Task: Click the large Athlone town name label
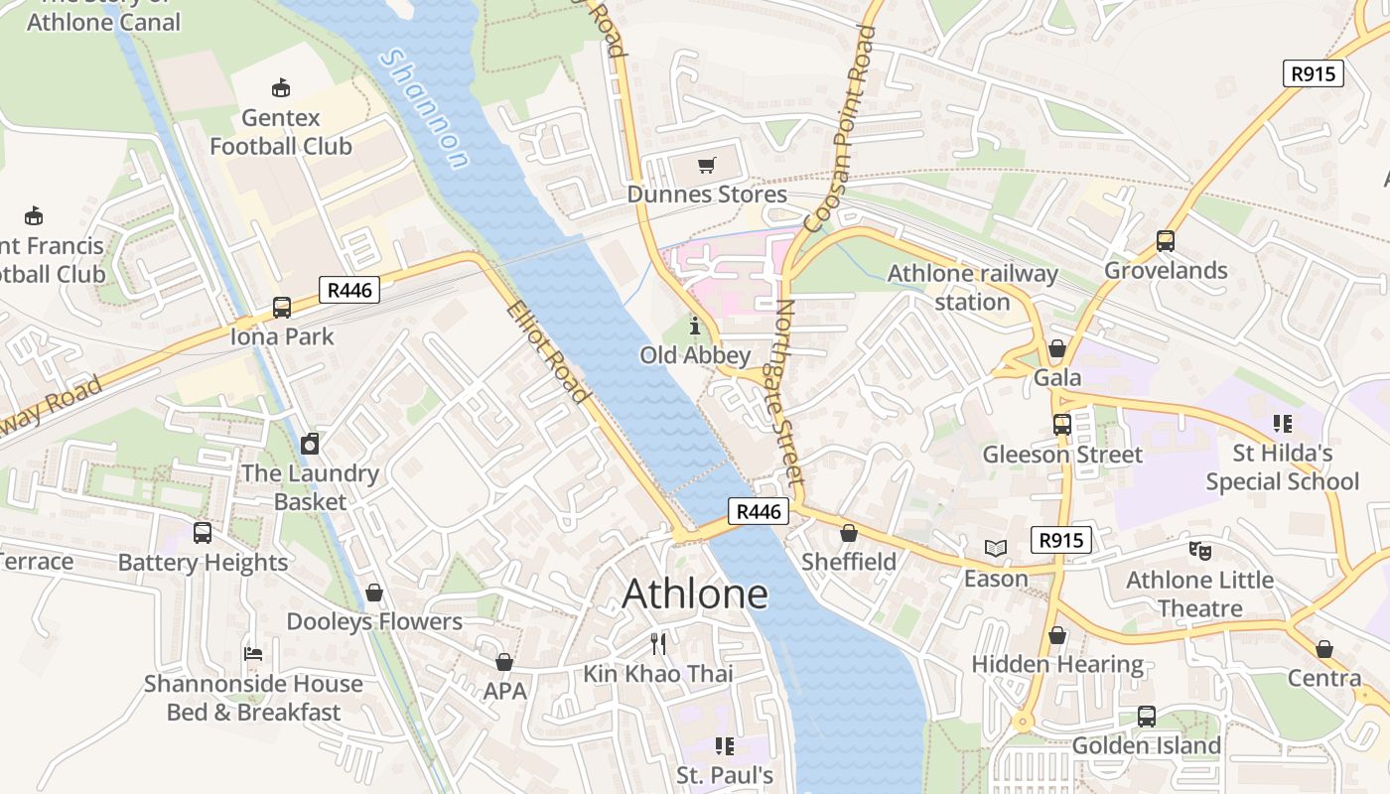coord(695,594)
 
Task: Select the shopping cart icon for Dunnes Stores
coord(706,166)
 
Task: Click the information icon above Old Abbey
coord(694,326)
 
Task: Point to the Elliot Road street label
coord(548,352)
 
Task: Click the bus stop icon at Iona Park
coord(282,308)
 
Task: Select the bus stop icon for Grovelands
coord(1166,241)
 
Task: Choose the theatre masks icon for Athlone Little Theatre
coord(1199,550)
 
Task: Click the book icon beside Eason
coord(996,548)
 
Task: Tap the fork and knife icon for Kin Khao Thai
coord(658,644)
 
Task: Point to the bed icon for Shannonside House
coord(253,654)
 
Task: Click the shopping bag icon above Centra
coord(1323,649)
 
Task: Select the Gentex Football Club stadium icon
coord(281,88)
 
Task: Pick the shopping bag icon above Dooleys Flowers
coord(374,593)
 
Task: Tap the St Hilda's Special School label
coord(1282,467)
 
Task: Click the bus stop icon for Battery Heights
coord(203,533)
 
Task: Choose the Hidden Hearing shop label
coord(1057,664)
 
